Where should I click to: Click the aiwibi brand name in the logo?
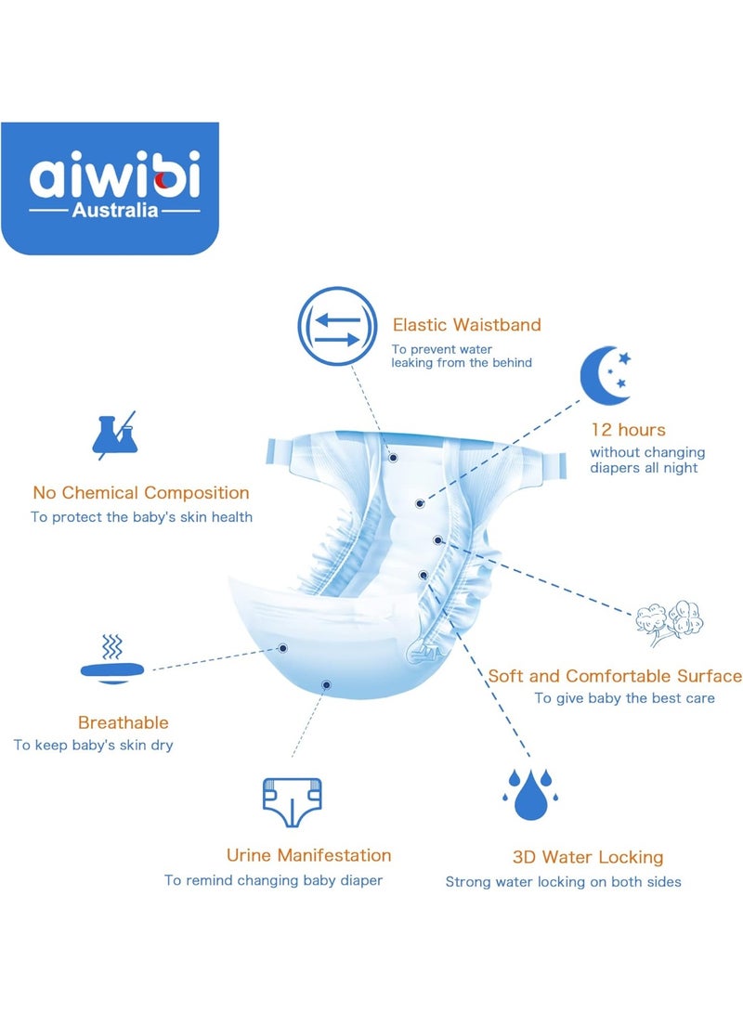tap(115, 175)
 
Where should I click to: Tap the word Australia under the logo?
tap(115, 210)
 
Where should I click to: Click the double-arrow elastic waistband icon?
tap(337, 327)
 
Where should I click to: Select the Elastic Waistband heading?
tap(466, 324)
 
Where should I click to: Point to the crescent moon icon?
tap(604, 375)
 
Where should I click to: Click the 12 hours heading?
tap(627, 430)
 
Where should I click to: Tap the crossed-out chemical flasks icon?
tap(115, 435)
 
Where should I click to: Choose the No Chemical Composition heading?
tap(141, 492)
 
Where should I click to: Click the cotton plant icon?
tap(670, 623)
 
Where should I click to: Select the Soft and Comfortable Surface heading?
tap(615, 676)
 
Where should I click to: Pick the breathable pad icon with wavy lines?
tap(112, 659)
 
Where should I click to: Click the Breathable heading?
tap(123, 722)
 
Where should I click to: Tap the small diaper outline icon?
tap(292, 802)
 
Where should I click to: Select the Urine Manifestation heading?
tap(309, 855)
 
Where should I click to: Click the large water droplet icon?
tap(530, 796)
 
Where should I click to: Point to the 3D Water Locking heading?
tap(588, 857)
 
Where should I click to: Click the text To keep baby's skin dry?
tap(94, 745)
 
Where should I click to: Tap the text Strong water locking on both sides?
tap(563, 882)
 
